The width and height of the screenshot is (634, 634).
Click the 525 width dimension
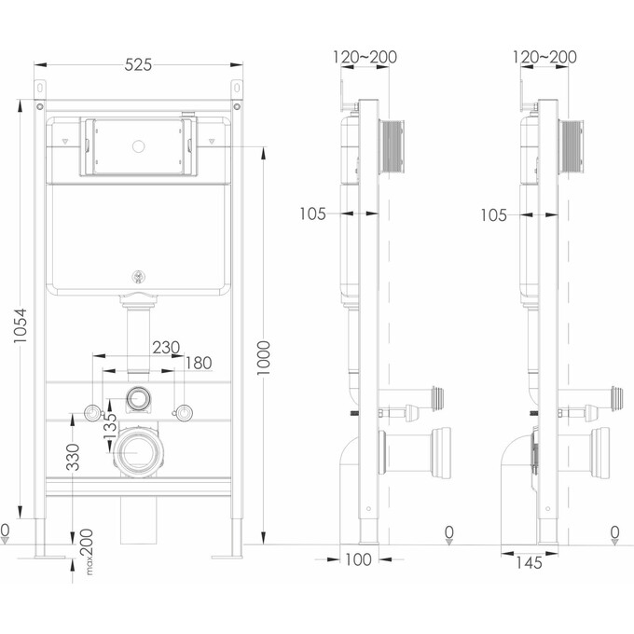tap(138, 64)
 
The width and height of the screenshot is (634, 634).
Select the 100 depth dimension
tap(358, 559)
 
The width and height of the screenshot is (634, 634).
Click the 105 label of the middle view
tap(313, 214)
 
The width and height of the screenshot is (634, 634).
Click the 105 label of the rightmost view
tap(493, 215)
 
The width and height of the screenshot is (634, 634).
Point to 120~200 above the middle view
tap(365, 57)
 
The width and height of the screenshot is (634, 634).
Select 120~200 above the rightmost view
tap(545, 57)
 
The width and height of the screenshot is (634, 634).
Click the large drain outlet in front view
tap(138, 453)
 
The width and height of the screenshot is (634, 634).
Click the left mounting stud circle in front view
tap(93, 413)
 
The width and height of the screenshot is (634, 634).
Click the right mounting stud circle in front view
tap(184, 412)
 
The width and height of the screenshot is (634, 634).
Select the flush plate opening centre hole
tap(139, 145)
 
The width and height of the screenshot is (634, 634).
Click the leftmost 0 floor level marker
tap(5, 532)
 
